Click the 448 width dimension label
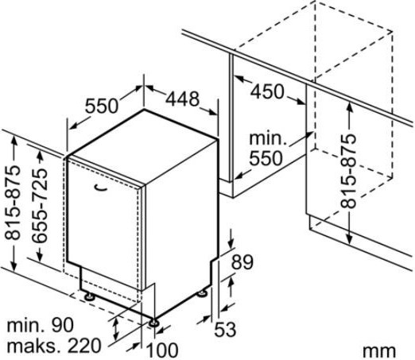tap(182, 99)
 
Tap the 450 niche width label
tap(267, 91)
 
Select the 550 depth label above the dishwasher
tap(102, 106)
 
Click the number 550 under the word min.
tap(266, 158)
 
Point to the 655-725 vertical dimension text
tap(40, 206)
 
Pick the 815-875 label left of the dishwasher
tap(13, 203)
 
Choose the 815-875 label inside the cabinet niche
tap(348, 171)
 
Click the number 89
tap(242, 262)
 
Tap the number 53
tap(225, 329)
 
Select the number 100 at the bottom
tap(162, 350)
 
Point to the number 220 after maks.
tap(84, 345)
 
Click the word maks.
tap(35, 346)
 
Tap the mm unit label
tap(379, 351)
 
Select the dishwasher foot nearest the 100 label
tap(153, 323)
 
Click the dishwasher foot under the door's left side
tap(89, 296)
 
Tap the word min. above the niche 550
tap(268, 138)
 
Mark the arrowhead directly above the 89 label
tap(231, 244)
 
